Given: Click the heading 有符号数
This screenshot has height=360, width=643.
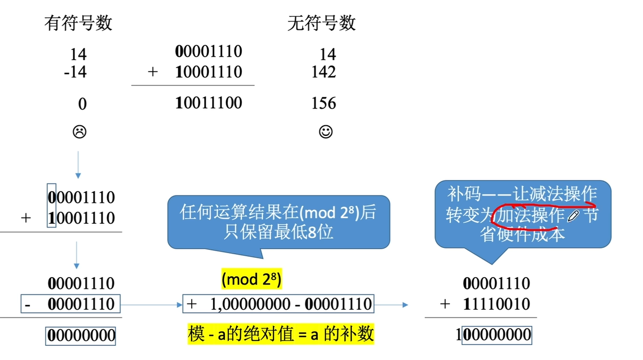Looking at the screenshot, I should [78, 23].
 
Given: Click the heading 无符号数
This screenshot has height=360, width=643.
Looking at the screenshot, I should [321, 23].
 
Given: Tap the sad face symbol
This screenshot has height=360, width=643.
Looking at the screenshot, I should [79, 132].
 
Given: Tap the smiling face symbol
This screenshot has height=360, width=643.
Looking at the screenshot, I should [326, 132].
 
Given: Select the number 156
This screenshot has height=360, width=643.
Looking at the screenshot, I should [323, 103].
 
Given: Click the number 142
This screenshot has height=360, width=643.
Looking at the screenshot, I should [323, 72].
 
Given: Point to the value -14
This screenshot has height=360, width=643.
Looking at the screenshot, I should [75, 72].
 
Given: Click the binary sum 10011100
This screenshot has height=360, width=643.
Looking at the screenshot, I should [209, 103].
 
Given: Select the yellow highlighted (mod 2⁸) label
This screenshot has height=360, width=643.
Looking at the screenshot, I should [251, 280].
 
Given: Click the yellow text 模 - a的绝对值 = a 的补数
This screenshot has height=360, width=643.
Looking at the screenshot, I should [281, 334].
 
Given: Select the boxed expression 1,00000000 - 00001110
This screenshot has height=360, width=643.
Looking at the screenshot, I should [278, 304].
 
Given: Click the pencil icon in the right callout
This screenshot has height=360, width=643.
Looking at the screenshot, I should [573, 215].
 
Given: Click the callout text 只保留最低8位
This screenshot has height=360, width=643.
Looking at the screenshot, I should [278, 231].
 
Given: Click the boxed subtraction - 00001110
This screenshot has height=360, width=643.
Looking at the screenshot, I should [70, 304].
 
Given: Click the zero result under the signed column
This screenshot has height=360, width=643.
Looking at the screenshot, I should [82, 104].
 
